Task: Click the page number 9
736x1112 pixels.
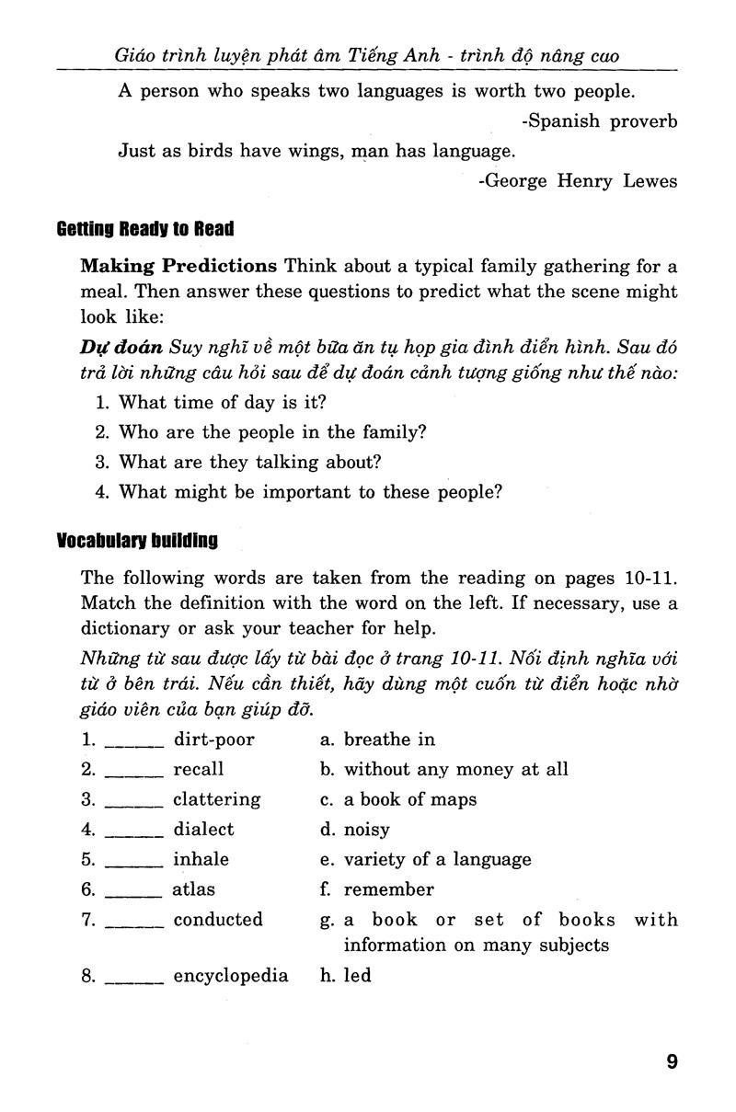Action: (672, 1061)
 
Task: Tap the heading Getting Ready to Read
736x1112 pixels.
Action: (145, 228)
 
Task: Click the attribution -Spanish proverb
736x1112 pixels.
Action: (599, 121)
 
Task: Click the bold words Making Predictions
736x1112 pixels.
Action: (178, 267)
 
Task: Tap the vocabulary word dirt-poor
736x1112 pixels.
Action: (213, 739)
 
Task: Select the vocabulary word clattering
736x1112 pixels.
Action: (216, 799)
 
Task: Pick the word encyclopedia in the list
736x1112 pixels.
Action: (231, 976)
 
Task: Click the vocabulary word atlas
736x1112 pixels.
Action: (193, 889)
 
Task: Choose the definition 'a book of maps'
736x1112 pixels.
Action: (409, 799)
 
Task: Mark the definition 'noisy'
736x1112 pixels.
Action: (366, 830)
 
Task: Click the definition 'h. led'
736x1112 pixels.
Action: (346, 976)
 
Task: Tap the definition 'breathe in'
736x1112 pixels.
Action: (389, 739)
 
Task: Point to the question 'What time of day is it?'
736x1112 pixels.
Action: (223, 402)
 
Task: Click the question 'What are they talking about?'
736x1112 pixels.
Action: (250, 462)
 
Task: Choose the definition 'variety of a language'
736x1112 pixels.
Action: (437, 860)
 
